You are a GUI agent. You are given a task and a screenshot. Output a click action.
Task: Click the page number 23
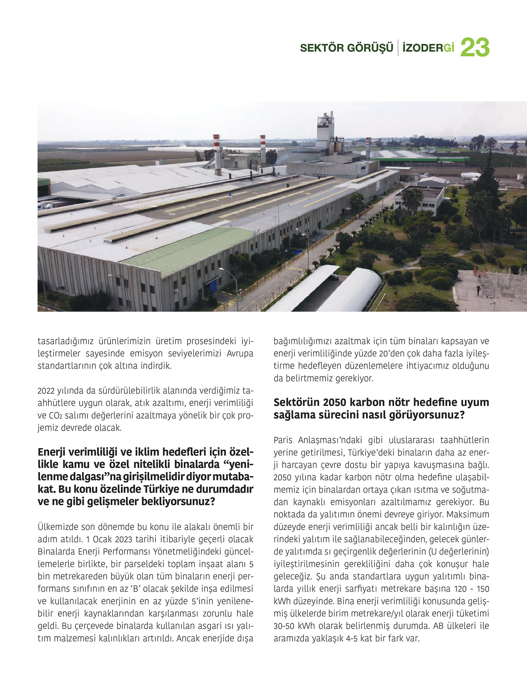475,47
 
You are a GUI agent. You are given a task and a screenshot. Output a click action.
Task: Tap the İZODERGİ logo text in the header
428,48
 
